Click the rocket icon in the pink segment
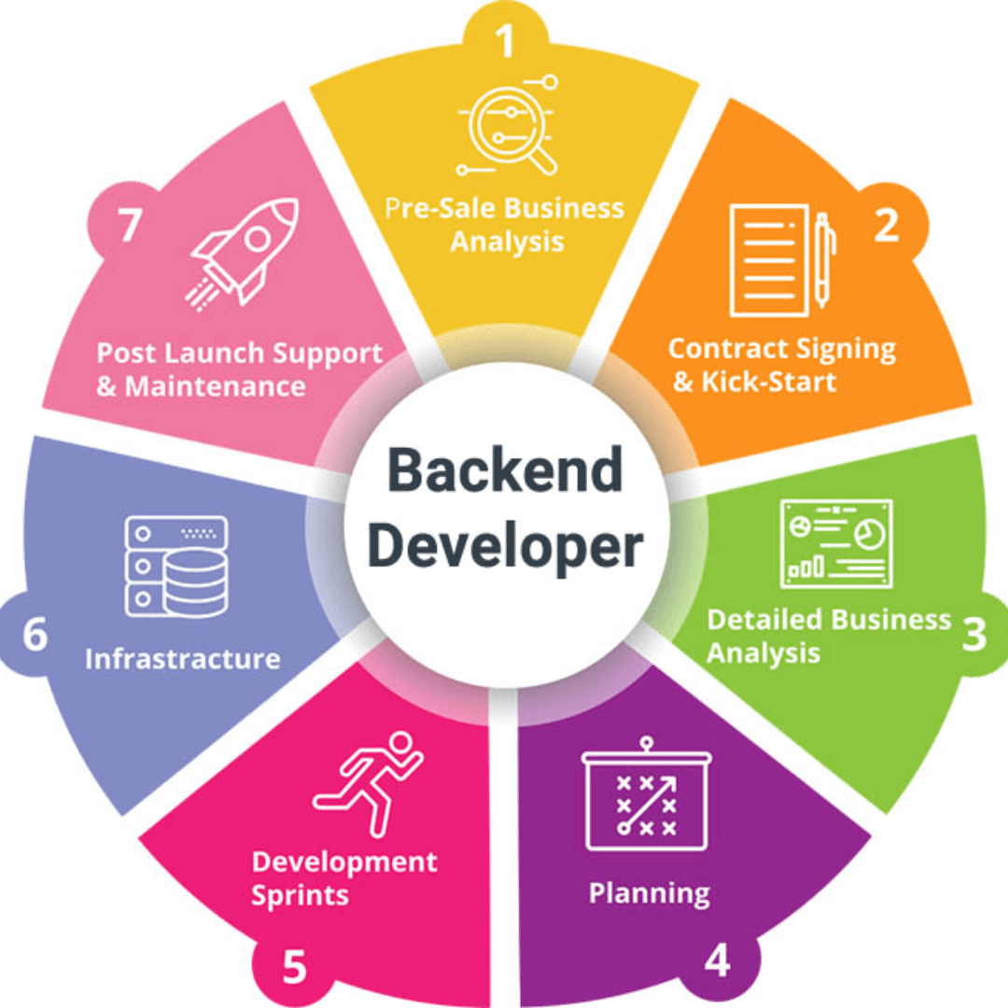245,250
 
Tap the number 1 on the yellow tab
505,41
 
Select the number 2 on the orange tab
886,226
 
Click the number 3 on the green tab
973,635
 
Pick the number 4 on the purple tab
716,962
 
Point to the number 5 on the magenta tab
294,968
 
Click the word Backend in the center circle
504,471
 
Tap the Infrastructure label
182,659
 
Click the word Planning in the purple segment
649,893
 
